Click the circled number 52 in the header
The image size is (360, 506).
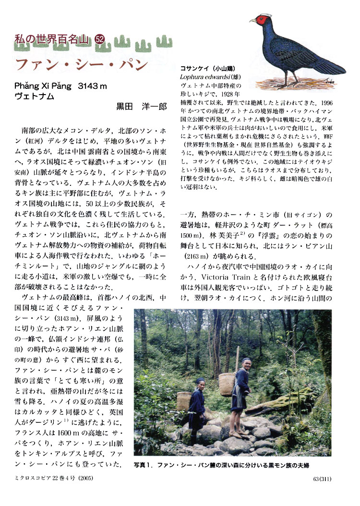point(100,40)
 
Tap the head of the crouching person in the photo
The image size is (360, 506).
point(200,383)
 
